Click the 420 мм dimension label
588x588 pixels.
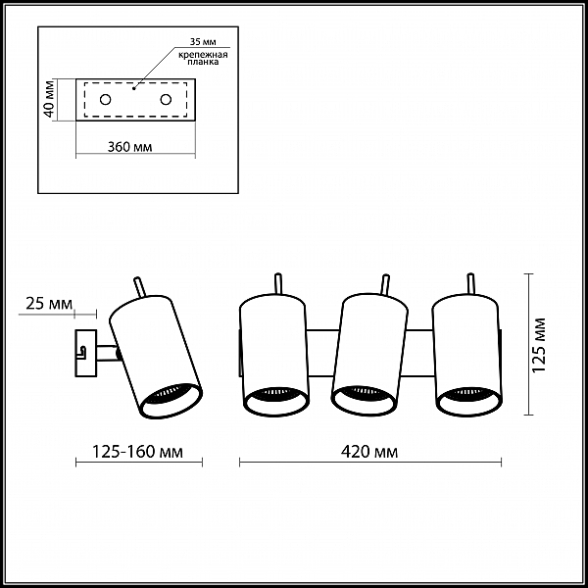point(369,452)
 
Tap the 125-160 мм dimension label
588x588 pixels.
point(137,452)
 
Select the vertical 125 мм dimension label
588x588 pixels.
point(539,345)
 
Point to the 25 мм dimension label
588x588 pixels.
point(49,304)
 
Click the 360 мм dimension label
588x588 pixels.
point(129,147)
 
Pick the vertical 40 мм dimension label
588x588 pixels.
point(50,99)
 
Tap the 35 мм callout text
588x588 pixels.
point(203,41)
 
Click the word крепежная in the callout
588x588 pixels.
point(203,55)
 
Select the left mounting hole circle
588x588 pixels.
point(106,100)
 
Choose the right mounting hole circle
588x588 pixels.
point(166,100)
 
